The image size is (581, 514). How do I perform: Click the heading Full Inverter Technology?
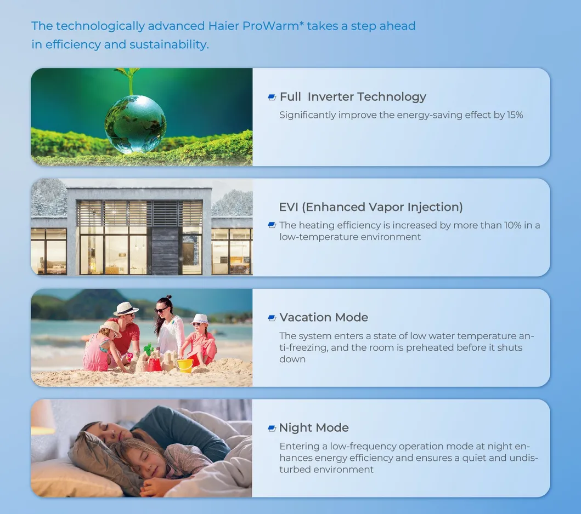pyautogui.click(x=353, y=97)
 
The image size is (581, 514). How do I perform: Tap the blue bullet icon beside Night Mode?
pyautogui.click(x=272, y=428)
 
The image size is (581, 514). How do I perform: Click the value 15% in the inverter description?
pyautogui.click(x=515, y=115)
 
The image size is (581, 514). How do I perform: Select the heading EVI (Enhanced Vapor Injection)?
pyautogui.click(x=371, y=207)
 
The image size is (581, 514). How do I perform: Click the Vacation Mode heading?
pyautogui.click(x=324, y=317)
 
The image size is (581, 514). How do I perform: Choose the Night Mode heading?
pyautogui.click(x=314, y=428)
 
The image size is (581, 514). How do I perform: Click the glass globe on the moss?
pyautogui.click(x=136, y=124)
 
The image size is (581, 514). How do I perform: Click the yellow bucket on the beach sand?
pyautogui.click(x=185, y=365)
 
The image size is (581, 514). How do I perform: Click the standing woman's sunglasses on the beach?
pyautogui.click(x=161, y=310)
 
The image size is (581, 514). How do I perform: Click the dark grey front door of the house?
pyautogui.click(x=165, y=251)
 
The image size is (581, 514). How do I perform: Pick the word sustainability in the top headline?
pyautogui.click(x=169, y=44)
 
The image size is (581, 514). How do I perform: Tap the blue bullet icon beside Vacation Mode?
pyautogui.click(x=272, y=318)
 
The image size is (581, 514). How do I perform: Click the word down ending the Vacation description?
pyautogui.click(x=292, y=359)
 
